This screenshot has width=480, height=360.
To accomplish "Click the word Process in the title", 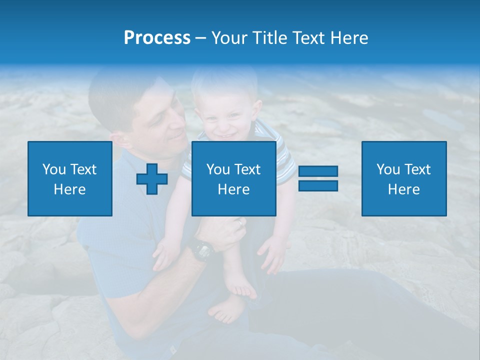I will [157, 38].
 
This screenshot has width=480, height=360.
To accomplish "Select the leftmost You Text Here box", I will [69, 178].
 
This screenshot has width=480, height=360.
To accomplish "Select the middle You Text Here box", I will [233, 178].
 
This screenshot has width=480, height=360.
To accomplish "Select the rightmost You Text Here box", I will [403, 178].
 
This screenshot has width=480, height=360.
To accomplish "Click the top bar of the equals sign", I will [318, 171].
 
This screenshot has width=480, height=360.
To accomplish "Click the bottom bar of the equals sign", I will [318, 185].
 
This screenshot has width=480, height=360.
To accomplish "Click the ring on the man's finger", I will [240, 221].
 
